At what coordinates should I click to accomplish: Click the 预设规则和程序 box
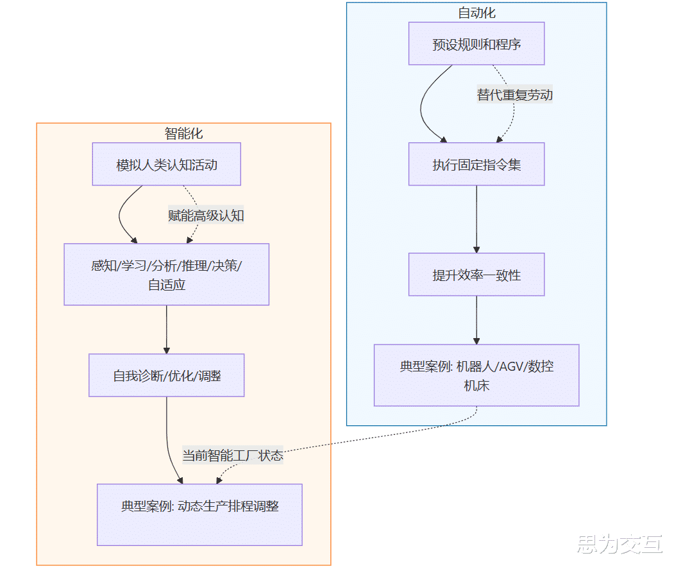476,44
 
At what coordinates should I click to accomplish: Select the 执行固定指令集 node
476,164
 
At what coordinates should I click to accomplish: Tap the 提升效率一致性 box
476,275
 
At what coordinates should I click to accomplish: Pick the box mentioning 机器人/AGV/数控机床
476,375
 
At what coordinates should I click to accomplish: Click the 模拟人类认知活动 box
167,164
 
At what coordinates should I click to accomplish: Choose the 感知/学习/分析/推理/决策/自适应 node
167,275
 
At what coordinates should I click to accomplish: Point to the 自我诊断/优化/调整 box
167,375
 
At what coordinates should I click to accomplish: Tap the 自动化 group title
476,13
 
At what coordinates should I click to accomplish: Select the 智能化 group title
183,133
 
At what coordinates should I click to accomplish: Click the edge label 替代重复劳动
514,95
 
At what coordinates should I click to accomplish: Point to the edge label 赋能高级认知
206,216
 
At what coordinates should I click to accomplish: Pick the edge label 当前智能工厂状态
233,455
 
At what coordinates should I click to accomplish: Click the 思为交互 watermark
619,545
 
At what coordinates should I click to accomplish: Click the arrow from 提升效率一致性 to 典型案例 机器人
476,320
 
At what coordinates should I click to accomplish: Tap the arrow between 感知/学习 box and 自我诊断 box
167,329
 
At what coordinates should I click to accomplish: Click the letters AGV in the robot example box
507,367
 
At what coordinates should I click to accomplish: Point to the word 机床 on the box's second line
476,386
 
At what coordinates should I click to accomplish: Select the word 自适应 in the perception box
167,285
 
